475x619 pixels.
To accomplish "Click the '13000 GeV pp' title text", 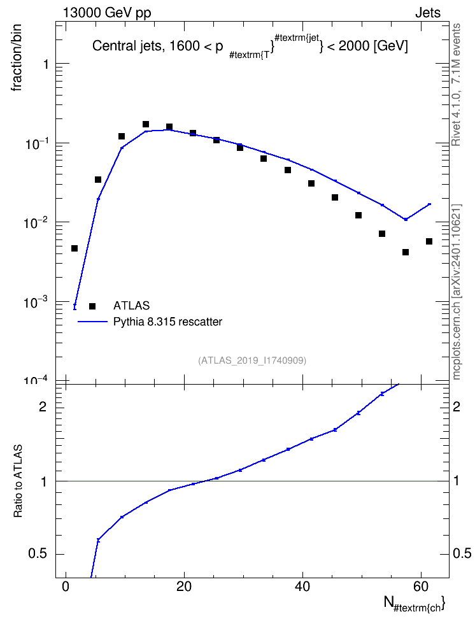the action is point(107,13).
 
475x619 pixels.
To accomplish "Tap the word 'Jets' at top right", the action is point(428,13).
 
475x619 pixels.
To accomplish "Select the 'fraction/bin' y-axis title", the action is point(16,58).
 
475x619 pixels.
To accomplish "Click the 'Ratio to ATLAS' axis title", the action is point(18,481).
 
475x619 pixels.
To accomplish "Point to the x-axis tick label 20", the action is point(184,587).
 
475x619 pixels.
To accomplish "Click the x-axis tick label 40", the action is point(302,587).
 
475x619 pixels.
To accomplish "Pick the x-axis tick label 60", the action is point(421,587).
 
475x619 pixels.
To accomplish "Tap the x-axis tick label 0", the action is point(66,587).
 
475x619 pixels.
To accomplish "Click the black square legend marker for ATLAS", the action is point(92,306).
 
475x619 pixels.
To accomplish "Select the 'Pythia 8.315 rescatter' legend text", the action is point(168,322).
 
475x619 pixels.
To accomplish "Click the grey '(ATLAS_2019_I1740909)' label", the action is point(252,360).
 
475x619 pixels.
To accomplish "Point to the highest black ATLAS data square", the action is point(146,124).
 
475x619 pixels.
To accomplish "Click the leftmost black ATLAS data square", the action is point(74,248).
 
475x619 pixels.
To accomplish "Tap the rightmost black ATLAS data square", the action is point(429,241).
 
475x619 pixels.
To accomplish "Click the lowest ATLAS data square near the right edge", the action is point(406,252).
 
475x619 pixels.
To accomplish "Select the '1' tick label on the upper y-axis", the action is point(46,64).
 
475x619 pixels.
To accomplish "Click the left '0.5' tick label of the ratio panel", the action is point(38,554).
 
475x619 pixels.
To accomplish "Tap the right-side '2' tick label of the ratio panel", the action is point(457,406).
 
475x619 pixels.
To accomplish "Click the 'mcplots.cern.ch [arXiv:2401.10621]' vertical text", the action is point(457,292).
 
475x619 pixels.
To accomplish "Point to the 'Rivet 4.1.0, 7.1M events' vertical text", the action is point(456,85).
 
